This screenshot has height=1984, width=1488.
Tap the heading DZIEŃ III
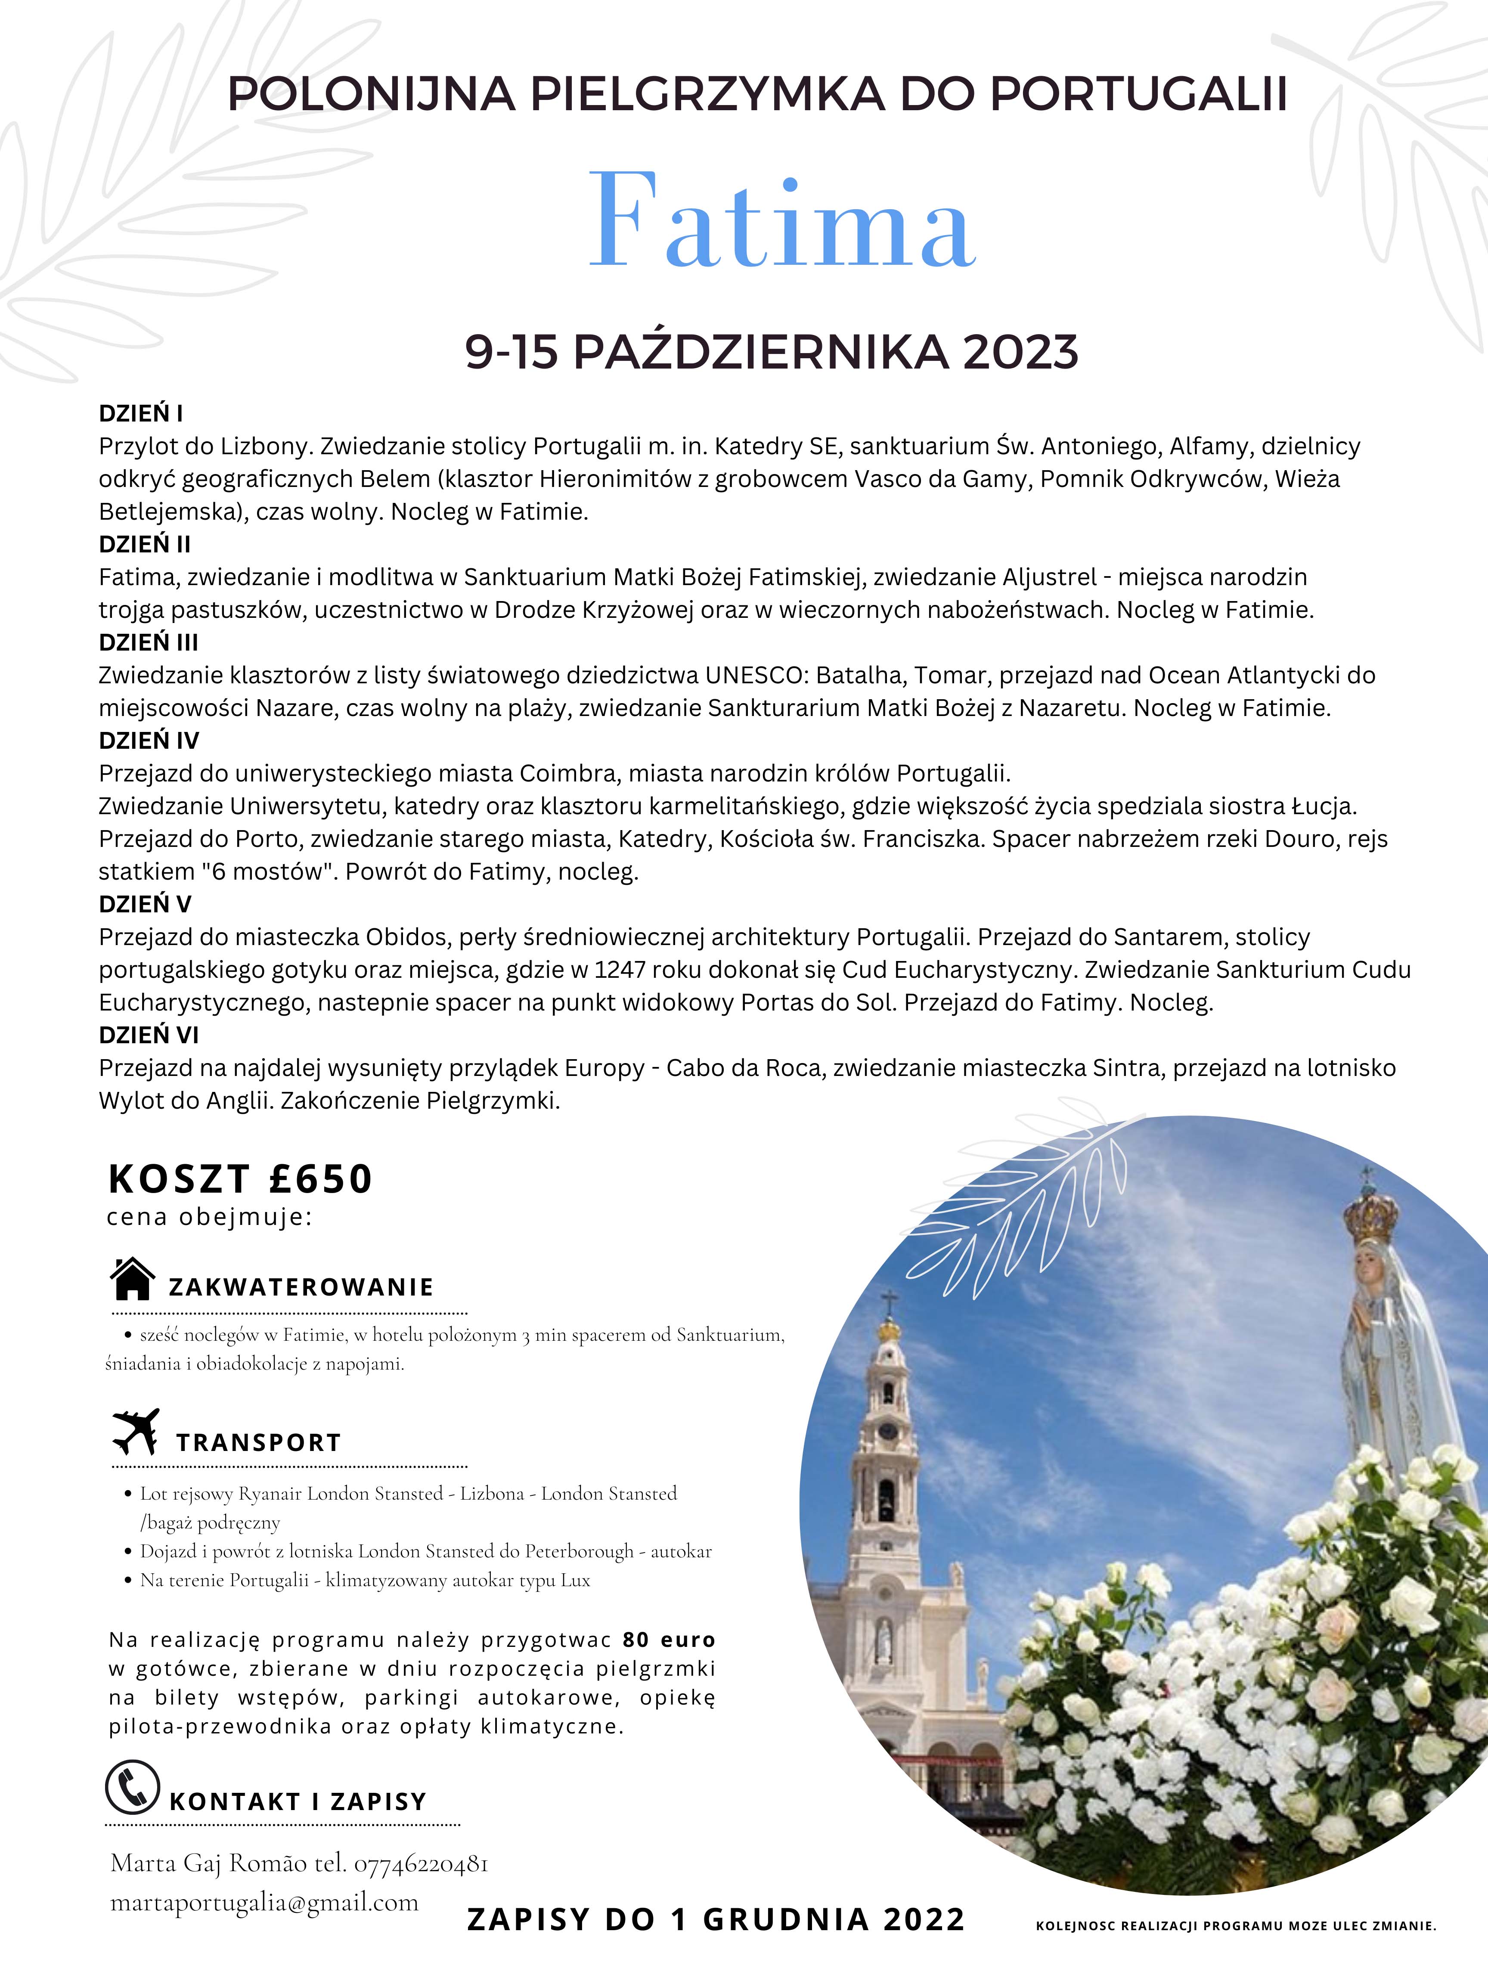tap(148, 642)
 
